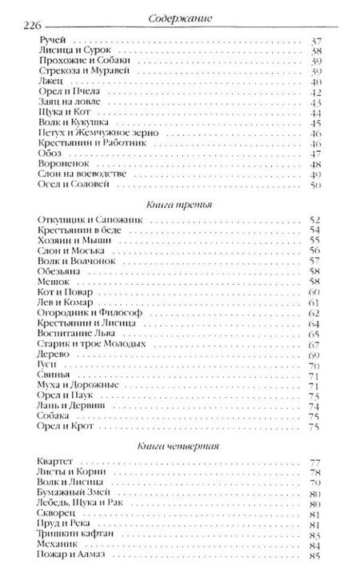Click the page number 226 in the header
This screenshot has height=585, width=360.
pos(29,25)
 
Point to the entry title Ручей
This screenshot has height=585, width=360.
pos(50,38)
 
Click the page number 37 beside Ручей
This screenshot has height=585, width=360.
pos(314,38)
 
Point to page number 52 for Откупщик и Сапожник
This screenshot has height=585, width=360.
pos(314,219)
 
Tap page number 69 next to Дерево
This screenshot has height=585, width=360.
pos(314,354)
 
